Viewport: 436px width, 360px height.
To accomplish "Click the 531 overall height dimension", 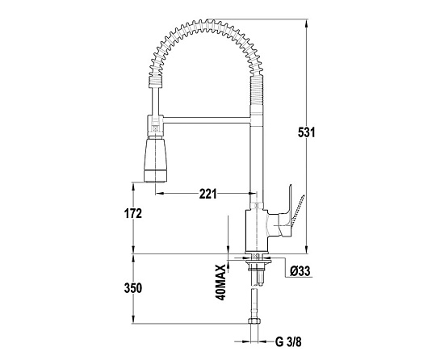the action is click(x=307, y=132).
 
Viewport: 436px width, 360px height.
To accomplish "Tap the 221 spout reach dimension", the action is click(x=208, y=194).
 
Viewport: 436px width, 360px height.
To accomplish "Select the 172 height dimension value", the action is click(x=133, y=213).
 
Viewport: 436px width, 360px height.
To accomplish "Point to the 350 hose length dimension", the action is click(x=133, y=288).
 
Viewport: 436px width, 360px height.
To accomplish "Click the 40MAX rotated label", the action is click(x=220, y=283).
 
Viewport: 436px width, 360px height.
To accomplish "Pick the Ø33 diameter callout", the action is click(x=300, y=270).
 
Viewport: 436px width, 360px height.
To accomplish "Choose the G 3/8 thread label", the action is click(x=288, y=341).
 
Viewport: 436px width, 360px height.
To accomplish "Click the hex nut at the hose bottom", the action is click(x=254, y=321).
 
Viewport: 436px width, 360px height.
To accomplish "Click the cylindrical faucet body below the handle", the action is click(x=257, y=231).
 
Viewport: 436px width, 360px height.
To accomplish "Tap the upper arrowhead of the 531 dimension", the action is click(x=306, y=23).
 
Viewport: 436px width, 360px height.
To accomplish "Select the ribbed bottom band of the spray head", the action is click(x=156, y=177).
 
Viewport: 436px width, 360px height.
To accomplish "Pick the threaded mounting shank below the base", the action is click(x=257, y=270).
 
